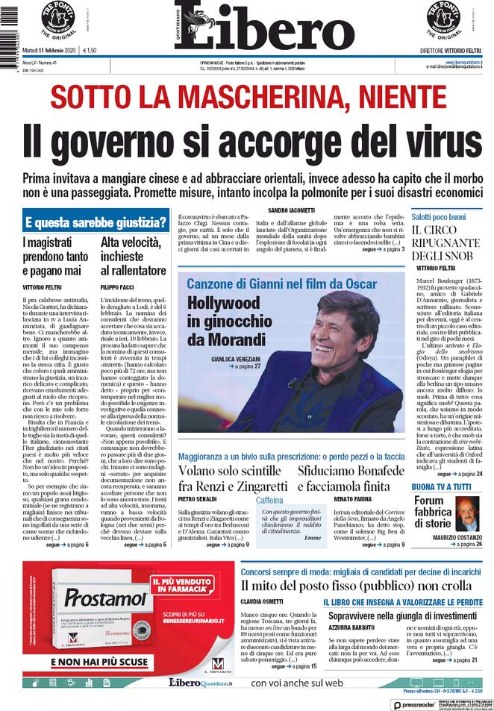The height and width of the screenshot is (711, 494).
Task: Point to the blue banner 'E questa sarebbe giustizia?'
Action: click(96, 222)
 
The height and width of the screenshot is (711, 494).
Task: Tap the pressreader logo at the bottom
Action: click(413, 704)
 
